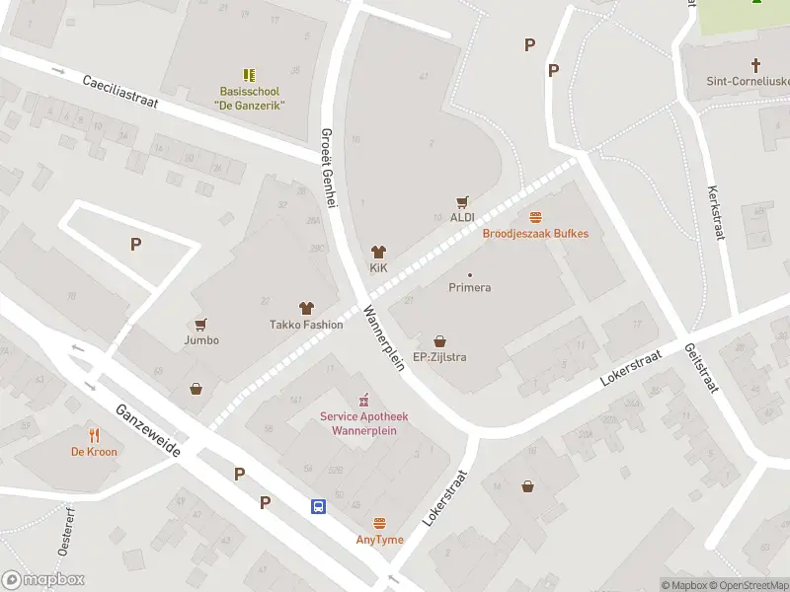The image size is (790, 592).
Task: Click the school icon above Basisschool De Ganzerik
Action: click(x=250, y=74)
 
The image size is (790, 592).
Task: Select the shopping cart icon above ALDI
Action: click(x=462, y=201)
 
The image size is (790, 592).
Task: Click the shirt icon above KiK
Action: click(x=378, y=252)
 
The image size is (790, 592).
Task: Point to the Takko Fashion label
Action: click(x=306, y=325)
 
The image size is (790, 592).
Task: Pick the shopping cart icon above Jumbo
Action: click(x=201, y=324)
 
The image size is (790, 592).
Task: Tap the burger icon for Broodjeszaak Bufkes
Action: click(x=535, y=217)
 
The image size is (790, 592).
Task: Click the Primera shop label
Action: click(x=470, y=287)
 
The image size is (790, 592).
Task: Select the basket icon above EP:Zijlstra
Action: click(x=439, y=340)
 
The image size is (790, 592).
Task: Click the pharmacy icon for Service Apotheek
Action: click(x=363, y=400)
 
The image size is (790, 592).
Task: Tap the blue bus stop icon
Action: click(x=319, y=506)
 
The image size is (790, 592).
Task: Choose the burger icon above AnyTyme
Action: click(x=379, y=523)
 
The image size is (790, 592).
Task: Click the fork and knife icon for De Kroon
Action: click(x=94, y=435)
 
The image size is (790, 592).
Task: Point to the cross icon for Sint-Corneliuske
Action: click(x=756, y=65)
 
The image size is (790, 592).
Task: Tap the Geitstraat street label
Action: click(x=698, y=368)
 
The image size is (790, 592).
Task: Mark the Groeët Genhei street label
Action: click(x=330, y=168)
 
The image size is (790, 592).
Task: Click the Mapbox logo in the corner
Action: click(x=42, y=580)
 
